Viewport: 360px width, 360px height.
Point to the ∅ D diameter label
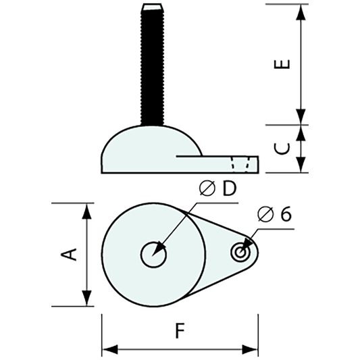[x=217, y=189]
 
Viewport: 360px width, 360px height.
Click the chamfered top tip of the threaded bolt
[x=152, y=7]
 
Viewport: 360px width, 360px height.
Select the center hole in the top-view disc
[x=154, y=255]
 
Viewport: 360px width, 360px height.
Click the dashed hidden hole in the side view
[x=242, y=164]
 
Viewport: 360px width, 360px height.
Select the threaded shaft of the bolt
[x=152, y=68]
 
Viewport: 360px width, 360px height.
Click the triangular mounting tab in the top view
[x=220, y=253]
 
